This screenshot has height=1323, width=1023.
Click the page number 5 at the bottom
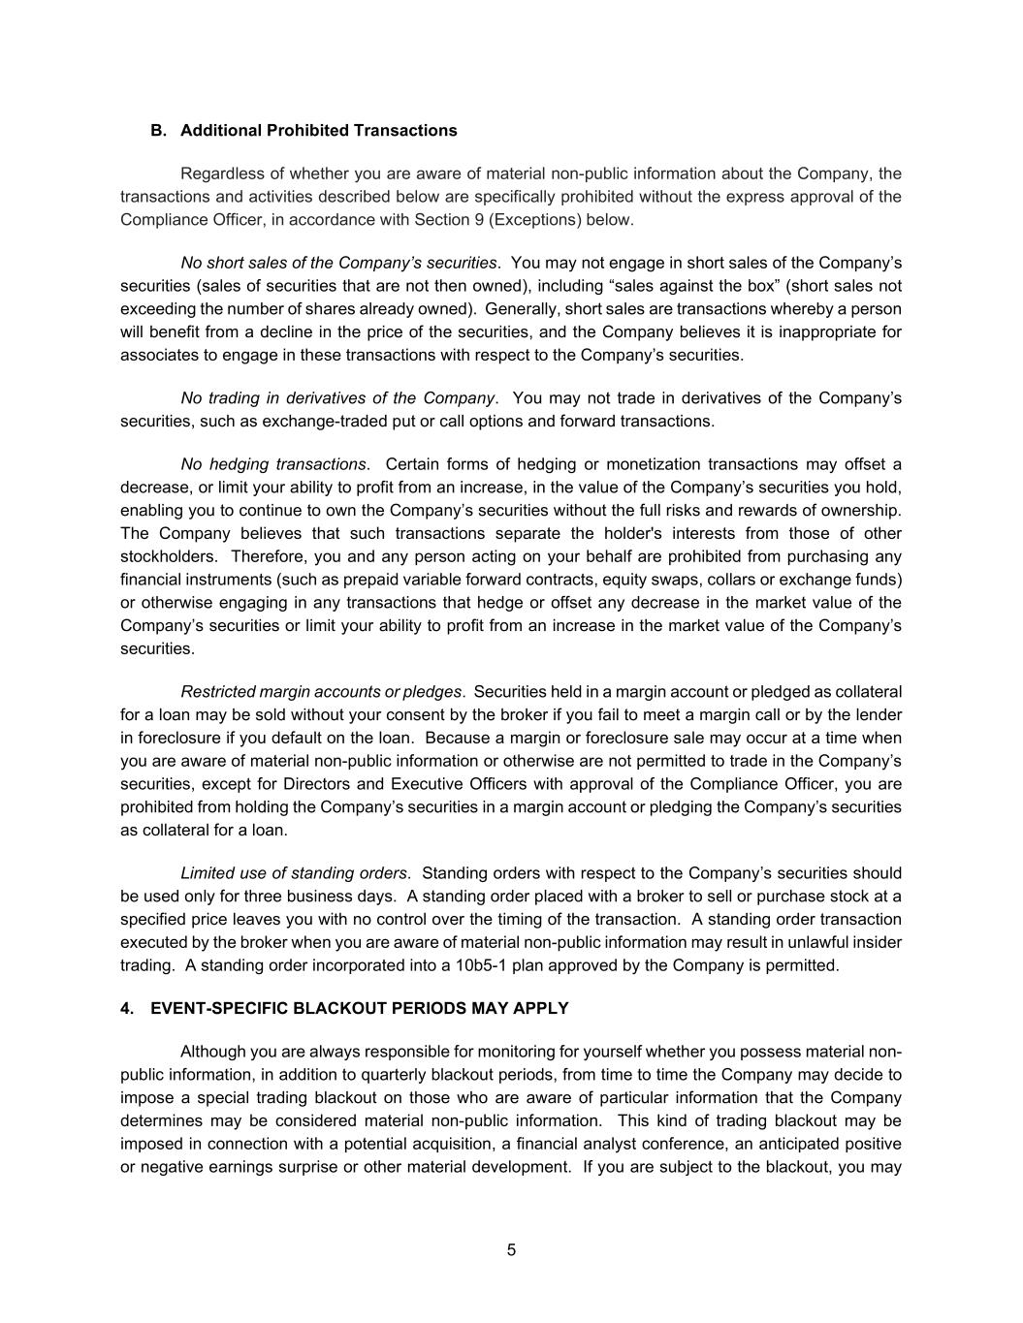point(511,1250)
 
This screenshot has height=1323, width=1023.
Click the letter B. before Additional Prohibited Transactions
point(159,131)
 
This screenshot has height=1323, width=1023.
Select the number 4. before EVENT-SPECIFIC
point(127,1008)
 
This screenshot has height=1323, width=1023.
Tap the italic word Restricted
point(217,692)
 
